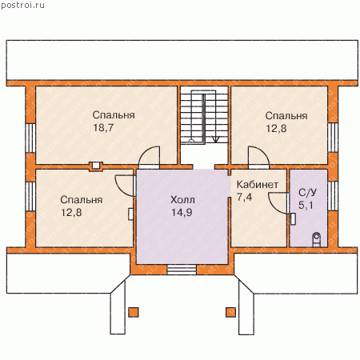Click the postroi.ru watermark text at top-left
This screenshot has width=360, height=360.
(22, 5)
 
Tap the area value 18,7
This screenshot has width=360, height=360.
(103, 128)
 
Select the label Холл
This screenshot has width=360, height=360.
(182, 200)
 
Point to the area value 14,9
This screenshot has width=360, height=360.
(182, 213)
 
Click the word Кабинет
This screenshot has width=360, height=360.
(258, 185)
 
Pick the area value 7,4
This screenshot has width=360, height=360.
(244, 197)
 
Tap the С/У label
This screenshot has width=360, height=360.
(307, 192)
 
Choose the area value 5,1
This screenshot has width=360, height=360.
(306, 205)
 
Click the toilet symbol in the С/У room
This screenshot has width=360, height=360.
(317, 239)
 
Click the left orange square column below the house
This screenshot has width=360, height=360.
(134, 312)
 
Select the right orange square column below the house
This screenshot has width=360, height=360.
(230, 312)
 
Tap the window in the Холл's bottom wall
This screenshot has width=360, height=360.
(182, 270)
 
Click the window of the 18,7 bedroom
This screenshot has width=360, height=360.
(30, 138)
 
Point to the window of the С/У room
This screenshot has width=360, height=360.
(333, 196)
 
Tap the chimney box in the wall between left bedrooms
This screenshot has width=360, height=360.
(96, 166)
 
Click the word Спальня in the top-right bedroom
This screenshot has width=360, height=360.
(286, 116)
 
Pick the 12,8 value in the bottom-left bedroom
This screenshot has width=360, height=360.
(71, 213)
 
